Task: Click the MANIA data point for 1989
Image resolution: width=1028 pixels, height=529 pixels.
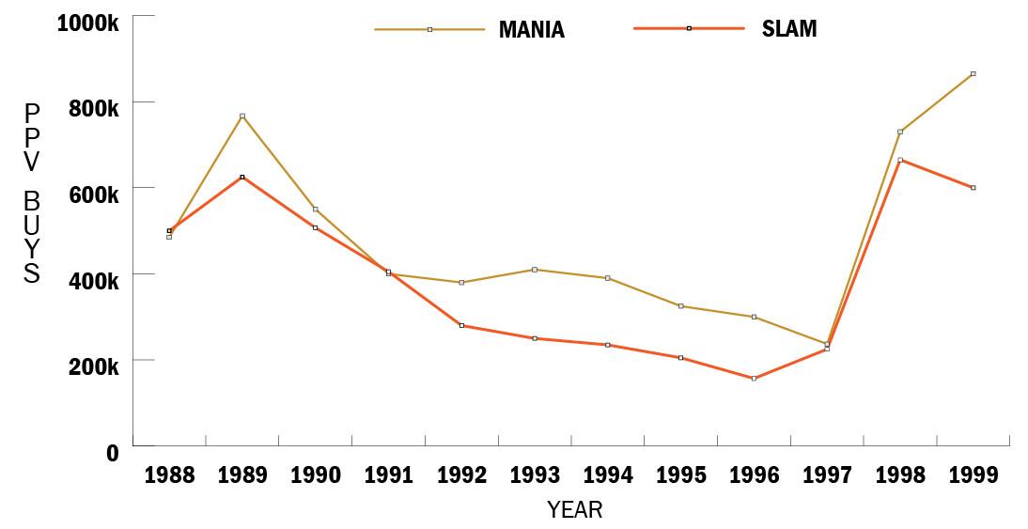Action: coord(242,116)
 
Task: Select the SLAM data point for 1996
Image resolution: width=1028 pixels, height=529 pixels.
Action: coord(754,379)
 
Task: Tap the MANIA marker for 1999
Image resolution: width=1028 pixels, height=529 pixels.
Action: coord(973,73)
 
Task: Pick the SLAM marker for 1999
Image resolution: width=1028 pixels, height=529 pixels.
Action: coord(973,188)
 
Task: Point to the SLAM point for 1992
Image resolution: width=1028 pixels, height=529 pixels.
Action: coord(461,325)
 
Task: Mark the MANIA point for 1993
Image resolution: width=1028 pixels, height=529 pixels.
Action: coord(535,270)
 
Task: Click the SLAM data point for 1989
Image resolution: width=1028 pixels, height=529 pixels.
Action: coord(242,177)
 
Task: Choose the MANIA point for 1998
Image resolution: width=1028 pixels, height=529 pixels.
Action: coord(899,132)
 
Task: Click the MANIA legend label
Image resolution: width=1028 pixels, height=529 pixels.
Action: coord(531,29)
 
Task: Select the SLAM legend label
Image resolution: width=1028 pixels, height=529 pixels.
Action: coord(789,29)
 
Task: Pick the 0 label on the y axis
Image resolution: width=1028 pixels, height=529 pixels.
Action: coord(113,453)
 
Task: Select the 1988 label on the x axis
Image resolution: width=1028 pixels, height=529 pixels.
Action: coord(169,475)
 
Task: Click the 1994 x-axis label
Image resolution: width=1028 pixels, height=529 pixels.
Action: coord(608,475)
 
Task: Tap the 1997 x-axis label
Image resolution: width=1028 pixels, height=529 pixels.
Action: coord(827,475)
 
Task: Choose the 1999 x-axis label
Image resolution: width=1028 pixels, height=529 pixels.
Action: coord(973,475)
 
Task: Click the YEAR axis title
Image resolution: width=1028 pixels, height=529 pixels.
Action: coord(574,510)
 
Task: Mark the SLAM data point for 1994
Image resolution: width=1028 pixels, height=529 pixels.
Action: coord(608,345)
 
